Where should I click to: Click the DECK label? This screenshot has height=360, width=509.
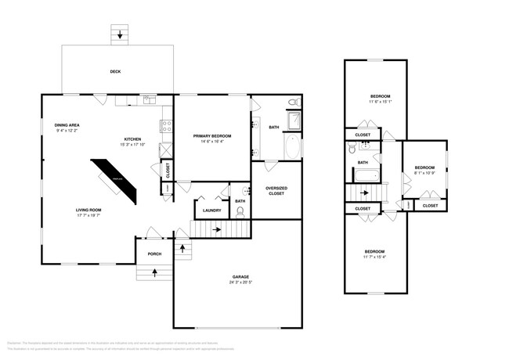114,72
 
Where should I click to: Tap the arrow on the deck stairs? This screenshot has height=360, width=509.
119,35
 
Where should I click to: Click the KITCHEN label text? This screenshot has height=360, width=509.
131,139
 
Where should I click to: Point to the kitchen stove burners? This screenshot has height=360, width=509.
166,125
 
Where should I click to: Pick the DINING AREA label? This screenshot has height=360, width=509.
67,125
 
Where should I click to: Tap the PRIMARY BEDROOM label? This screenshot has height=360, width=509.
212,135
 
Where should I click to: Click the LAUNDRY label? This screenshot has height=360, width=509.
211,210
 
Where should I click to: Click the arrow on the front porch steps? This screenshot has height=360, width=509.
153,273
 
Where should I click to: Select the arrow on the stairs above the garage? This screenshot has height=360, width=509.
217,229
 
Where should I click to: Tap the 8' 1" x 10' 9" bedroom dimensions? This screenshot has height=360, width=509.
424,172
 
